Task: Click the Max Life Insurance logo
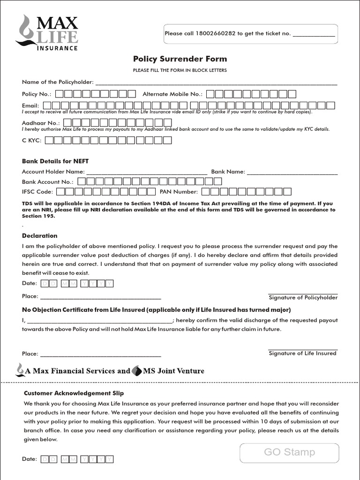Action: (47, 32)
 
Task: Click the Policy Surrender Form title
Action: (180, 59)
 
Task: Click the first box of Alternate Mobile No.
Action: (210, 94)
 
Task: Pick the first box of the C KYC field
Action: (50, 140)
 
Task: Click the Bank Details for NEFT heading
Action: (55, 161)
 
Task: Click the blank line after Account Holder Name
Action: (147, 172)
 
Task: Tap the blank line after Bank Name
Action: (292, 172)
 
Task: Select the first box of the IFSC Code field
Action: (68, 191)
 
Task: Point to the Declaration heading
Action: (40, 236)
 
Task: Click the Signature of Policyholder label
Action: (303, 298)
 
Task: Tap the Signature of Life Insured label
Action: (302, 353)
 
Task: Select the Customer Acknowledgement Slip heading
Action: (74, 393)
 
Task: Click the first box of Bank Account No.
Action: (82, 181)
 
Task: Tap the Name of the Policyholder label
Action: (58, 82)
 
